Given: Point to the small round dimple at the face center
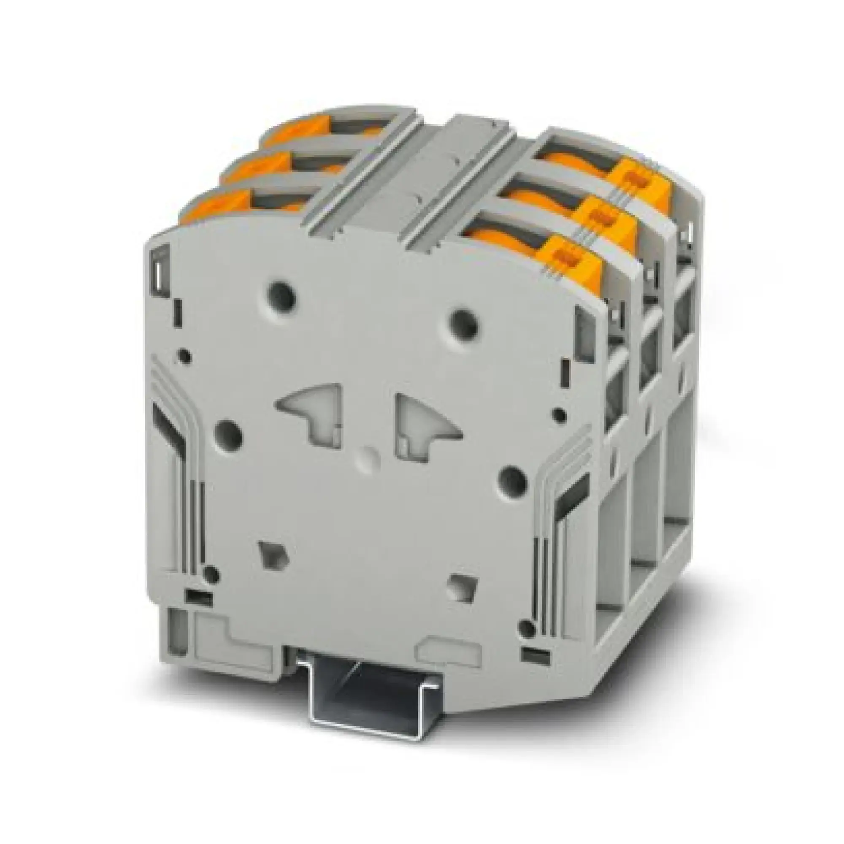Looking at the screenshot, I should [x=368, y=458].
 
